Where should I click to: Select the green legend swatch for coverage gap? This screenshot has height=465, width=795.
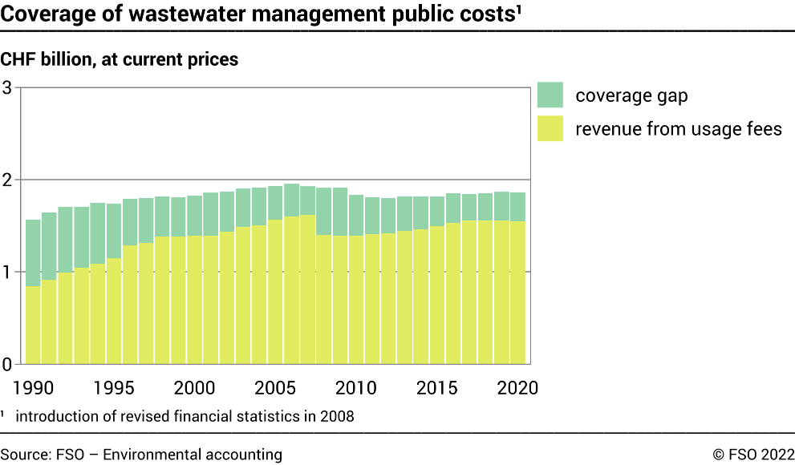550,95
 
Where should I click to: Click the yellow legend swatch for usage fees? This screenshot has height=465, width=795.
550,128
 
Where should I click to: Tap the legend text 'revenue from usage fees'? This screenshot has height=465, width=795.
678,128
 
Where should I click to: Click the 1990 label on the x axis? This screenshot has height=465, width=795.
33,388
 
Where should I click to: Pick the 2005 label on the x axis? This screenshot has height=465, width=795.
275,388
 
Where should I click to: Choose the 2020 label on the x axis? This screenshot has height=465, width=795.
517,388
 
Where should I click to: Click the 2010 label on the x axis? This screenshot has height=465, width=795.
356,388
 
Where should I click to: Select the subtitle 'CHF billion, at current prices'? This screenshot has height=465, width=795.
120,59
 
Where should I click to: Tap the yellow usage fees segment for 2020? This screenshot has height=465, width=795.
517,293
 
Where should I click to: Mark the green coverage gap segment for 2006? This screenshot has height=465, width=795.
291,200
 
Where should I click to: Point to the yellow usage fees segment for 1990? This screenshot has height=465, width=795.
33,325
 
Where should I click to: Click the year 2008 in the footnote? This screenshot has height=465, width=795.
337,416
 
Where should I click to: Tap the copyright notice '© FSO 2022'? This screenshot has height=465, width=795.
753,455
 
